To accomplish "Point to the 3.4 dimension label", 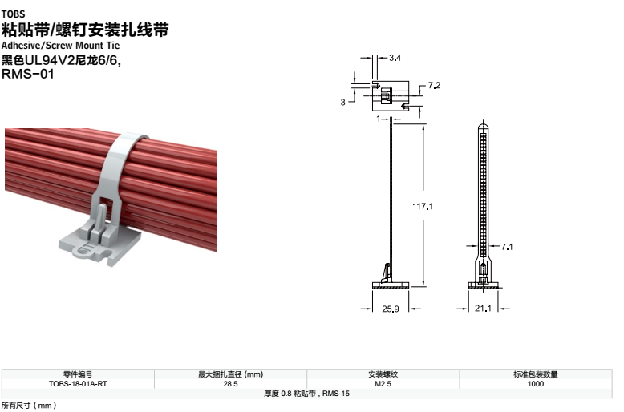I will point(395,58).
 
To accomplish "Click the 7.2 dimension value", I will point(435,85).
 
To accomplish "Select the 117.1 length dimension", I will point(423,206).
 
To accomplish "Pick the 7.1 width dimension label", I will point(506,247).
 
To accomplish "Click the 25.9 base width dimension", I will point(391,309).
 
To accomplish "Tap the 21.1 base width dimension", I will point(483,309).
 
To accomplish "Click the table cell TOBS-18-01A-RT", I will point(78,384).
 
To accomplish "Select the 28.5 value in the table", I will point(230,384).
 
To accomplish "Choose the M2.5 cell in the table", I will point(383,384).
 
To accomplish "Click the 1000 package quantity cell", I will point(535,384).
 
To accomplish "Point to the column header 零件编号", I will point(78,374).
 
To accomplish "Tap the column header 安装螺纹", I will point(383,374).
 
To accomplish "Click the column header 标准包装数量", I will point(535,374).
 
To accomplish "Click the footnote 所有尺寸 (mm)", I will point(28,406).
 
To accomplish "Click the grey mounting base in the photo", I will point(96,245).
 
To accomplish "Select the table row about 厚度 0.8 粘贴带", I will point(307,394).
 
